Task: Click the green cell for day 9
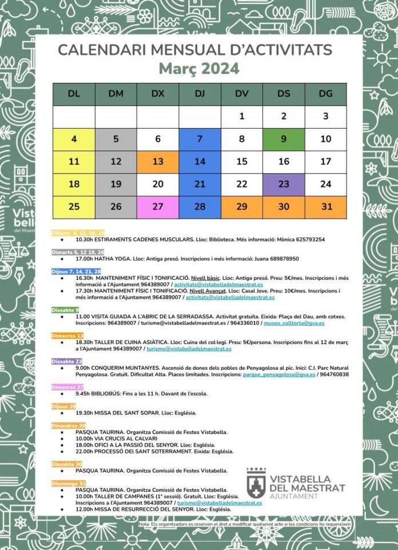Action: pos(284,139)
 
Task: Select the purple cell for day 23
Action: pos(284,184)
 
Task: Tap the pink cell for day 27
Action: pos(158,207)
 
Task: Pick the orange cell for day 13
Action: pos(158,161)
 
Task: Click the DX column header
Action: pos(158,94)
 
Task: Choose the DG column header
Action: pos(325,94)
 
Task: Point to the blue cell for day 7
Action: pos(200,139)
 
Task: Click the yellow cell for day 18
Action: pos(74,184)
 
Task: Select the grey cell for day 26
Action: pos(116,207)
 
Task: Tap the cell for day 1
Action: pos(241,117)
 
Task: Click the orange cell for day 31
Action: pos(325,207)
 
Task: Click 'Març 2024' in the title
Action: pos(198,69)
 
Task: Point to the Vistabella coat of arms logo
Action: pos(256,483)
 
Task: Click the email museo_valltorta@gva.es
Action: pos(294,323)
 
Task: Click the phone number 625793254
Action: pos(306,239)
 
